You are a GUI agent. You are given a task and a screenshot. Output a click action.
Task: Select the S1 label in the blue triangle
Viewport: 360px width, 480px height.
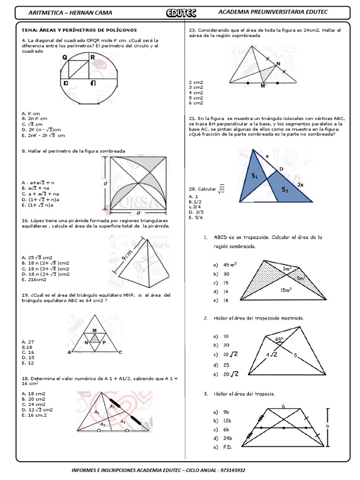[x=255, y=176]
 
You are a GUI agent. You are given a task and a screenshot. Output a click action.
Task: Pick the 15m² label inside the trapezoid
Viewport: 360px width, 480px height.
[x=286, y=290]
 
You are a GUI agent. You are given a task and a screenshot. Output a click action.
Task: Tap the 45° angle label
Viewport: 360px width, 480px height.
[x=279, y=339]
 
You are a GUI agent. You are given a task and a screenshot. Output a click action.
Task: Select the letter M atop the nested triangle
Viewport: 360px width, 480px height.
[x=94, y=330]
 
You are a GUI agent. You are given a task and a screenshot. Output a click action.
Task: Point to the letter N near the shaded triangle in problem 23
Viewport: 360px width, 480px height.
[x=279, y=63]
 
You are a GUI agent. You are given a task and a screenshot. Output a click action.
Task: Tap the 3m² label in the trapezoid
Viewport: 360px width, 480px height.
[x=287, y=269]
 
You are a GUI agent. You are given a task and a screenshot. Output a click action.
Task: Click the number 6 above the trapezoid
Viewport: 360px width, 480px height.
[x=284, y=406]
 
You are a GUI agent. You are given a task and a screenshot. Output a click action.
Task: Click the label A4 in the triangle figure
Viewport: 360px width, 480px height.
[x=123, y=421]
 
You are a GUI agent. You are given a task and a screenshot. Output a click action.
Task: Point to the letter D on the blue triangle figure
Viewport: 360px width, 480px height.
[x=281, y=169]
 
